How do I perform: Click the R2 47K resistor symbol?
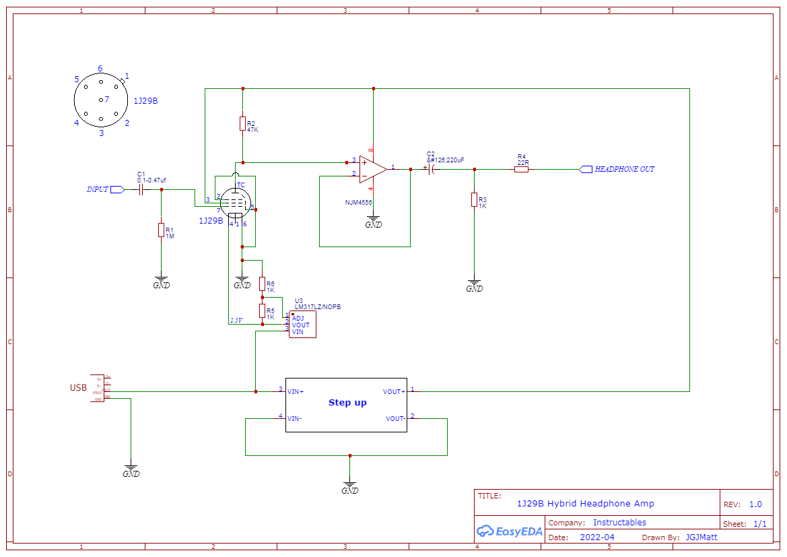tap(242, 124)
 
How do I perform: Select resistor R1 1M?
tap(162, 230)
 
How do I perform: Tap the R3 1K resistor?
tap(475, 200)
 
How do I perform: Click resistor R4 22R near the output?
tap(521, 169)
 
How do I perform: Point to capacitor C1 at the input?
tap(142, 190)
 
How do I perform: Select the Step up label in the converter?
tap(347, 403)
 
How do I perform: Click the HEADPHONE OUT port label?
tap(624, 169)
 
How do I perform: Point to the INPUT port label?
tap(98, 190)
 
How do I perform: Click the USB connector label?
tap(78, 388)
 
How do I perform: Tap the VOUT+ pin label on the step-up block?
tap(394, 391)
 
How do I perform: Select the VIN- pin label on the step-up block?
tap(295, 418)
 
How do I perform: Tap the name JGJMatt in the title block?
tap(702, 537)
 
